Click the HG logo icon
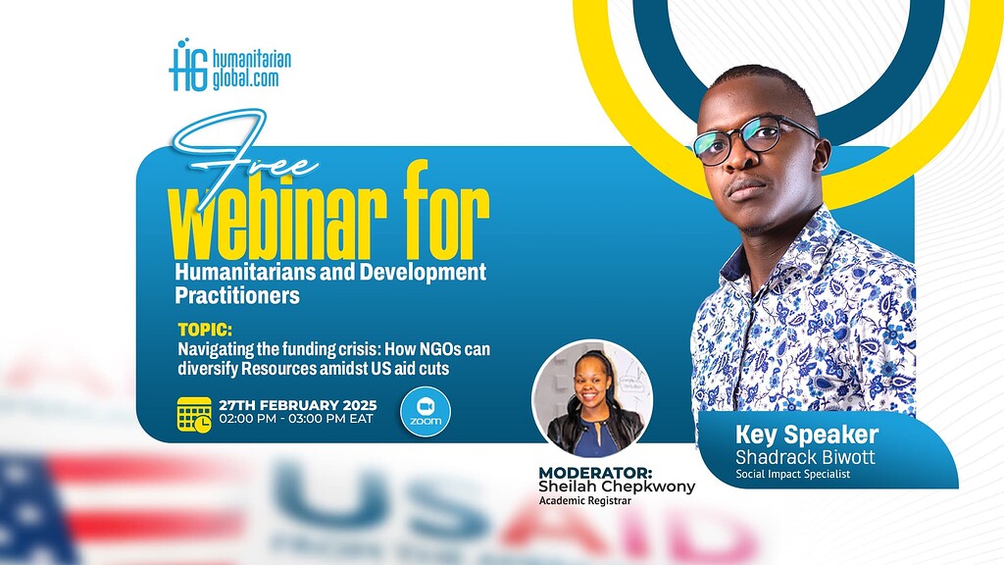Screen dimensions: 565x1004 click(187, 66)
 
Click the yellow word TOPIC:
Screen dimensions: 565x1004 click(205, 331)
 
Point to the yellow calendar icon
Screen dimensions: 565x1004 click(194, 414)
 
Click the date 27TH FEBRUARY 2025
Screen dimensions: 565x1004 click(298, 405)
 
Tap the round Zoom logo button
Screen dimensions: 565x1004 click(426, 411)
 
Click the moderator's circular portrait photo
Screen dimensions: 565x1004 click(591, 398)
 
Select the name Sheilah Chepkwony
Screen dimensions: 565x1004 click(616, 488)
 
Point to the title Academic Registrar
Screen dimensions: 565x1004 click(586, 502)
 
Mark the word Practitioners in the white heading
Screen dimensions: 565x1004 click(237, 294)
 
